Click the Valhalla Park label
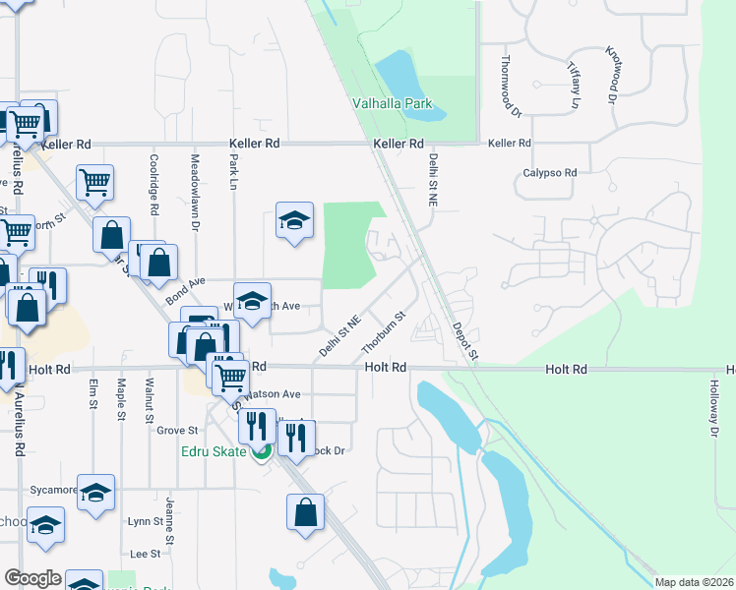393,103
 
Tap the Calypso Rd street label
549,172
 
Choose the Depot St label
465,340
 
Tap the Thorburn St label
384,333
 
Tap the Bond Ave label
185,286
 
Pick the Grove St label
178,430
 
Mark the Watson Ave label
272,393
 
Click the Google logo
32,578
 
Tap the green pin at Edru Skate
262,452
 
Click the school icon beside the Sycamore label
96,494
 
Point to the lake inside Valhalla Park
398,72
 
